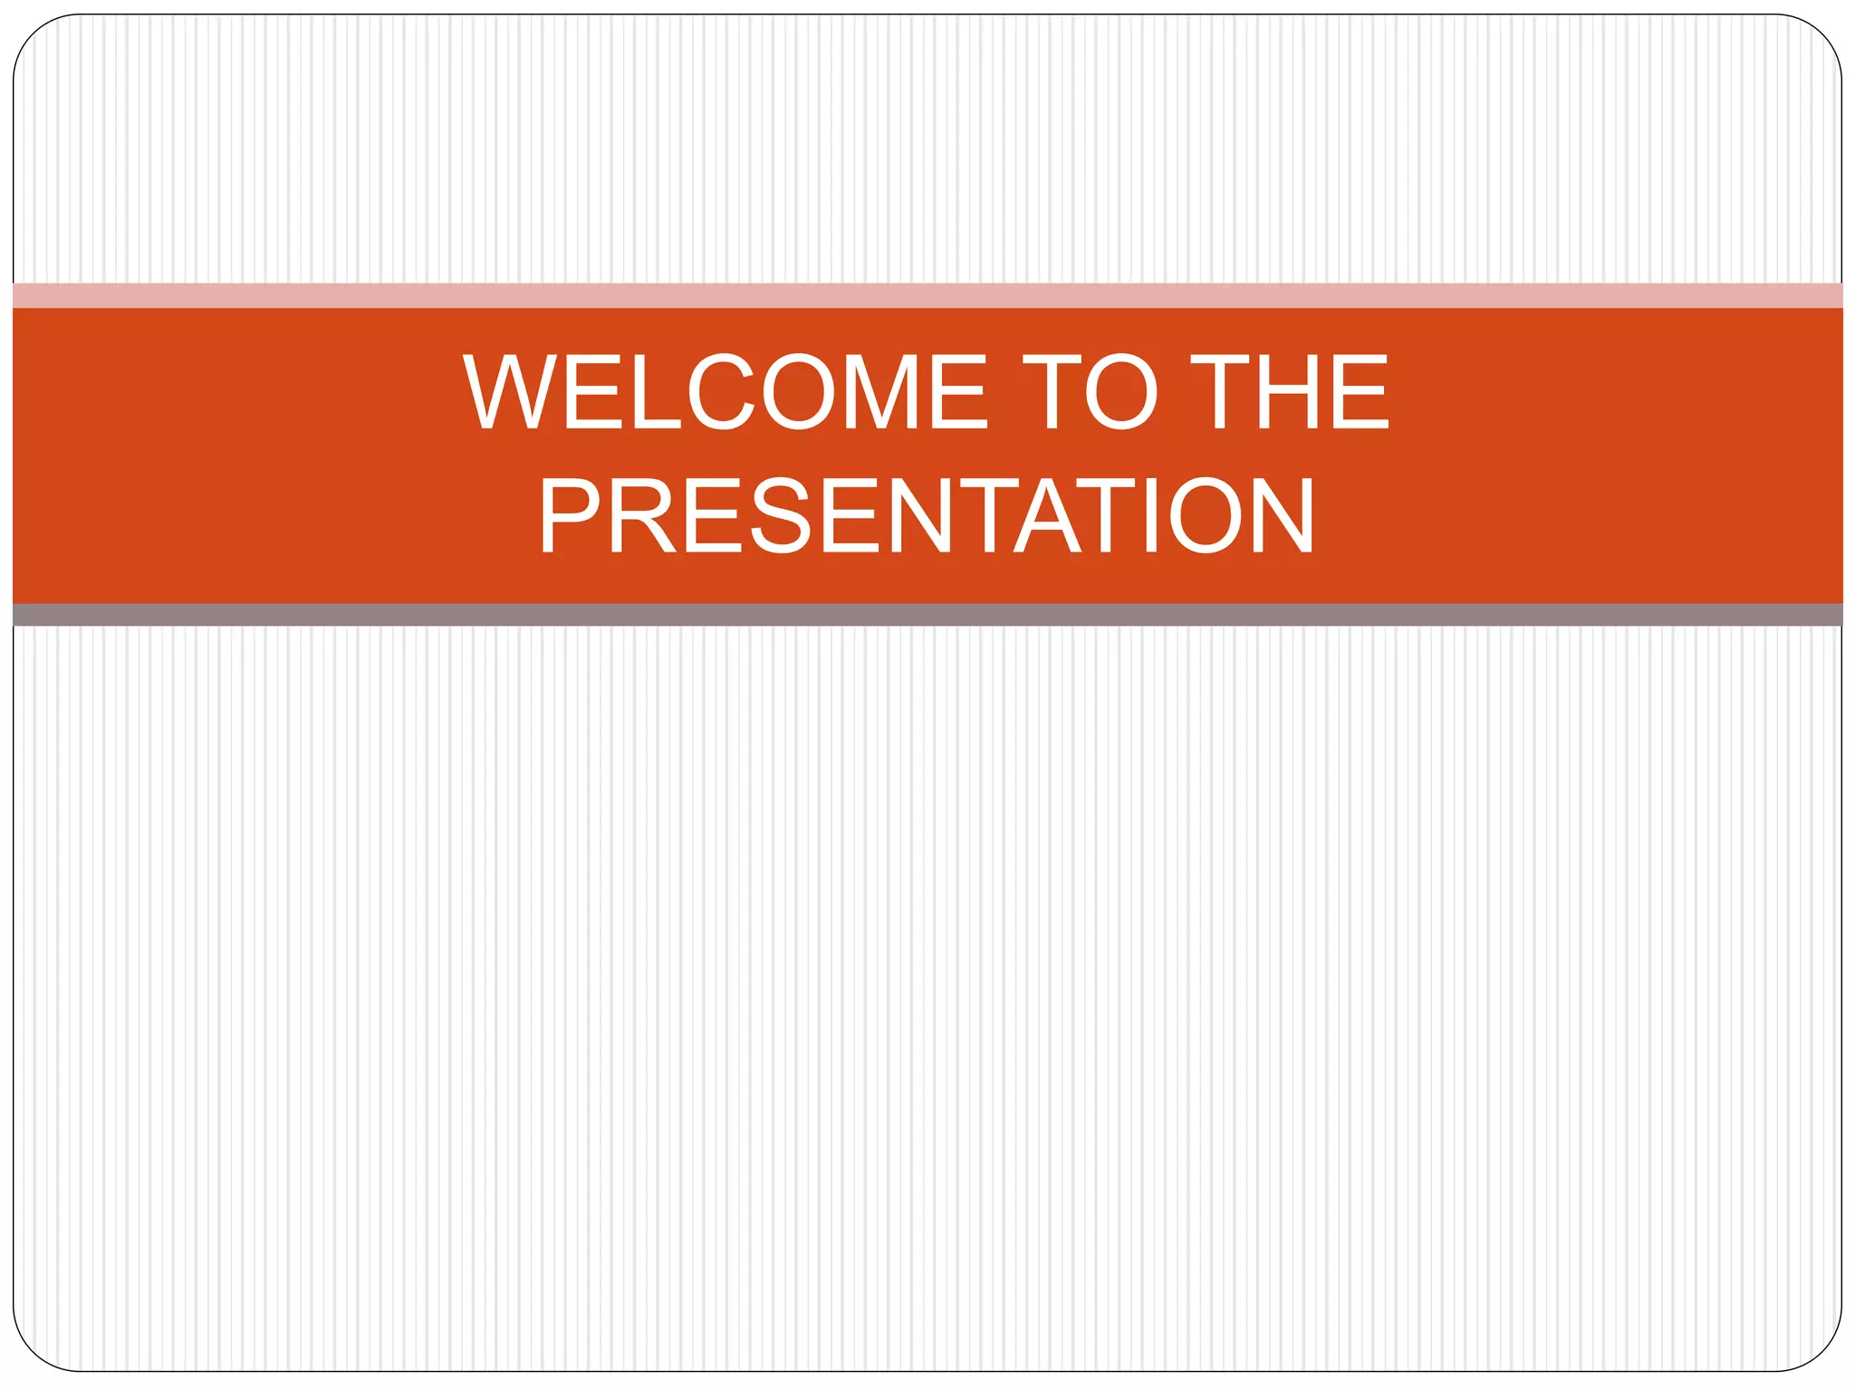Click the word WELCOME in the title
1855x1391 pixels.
(725, 391)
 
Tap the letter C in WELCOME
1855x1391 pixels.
(721, 391)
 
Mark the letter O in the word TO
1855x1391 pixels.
(1120, 391)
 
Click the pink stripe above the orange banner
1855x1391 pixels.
(927, 295)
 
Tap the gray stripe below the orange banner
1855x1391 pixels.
(927, 615)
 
